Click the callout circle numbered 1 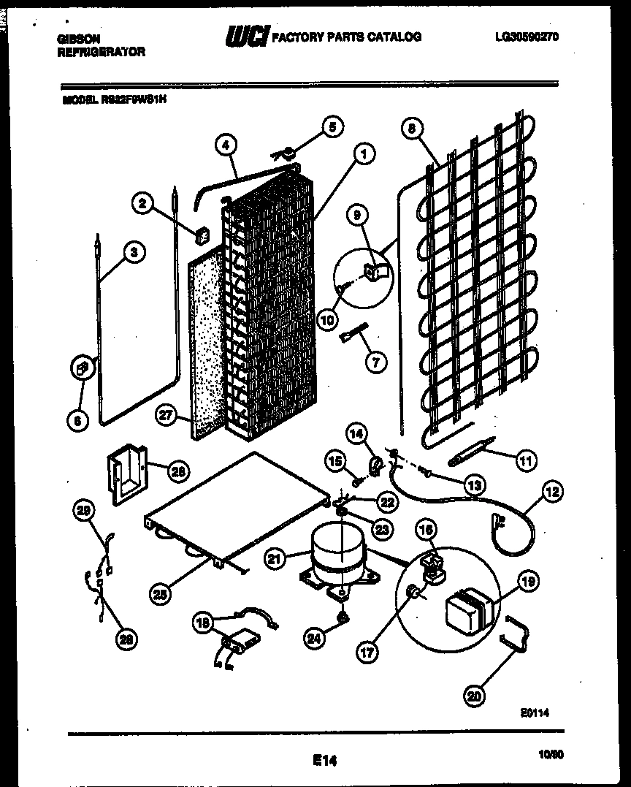[362, 154]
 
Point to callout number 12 [551, 492]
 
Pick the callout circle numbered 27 [167, 415]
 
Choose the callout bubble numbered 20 [475, 696]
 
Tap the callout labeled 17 [368, 652]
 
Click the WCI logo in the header [246, 36]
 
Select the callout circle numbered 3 [134, 254]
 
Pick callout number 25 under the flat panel [161, 594]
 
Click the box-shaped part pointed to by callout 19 [467, 609]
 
